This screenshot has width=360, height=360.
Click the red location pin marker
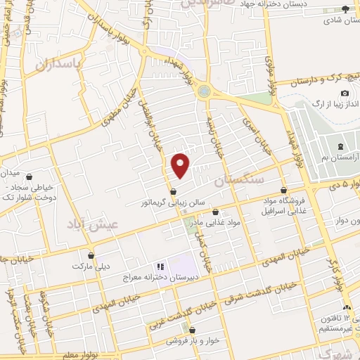181,165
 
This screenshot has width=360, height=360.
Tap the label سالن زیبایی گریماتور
174,202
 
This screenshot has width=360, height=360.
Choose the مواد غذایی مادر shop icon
215,212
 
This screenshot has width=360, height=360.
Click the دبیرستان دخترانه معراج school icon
160,267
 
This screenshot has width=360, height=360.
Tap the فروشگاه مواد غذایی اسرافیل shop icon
283,190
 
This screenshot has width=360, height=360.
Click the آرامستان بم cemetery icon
341,146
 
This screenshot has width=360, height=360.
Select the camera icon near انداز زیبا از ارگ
345,94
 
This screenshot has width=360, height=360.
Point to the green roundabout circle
205,90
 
